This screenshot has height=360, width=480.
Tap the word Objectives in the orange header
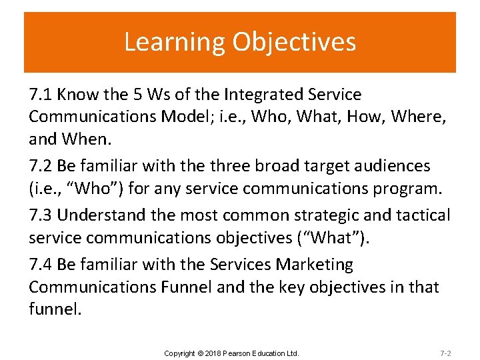tap(294, 41)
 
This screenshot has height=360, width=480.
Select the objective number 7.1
tap(41, 95)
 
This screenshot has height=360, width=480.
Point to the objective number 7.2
tap(41, 165)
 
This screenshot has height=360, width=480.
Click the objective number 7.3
tap(41, 215)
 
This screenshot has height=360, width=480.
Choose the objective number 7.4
tap(41, 265)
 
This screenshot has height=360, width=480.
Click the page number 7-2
tap(445, 353)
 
